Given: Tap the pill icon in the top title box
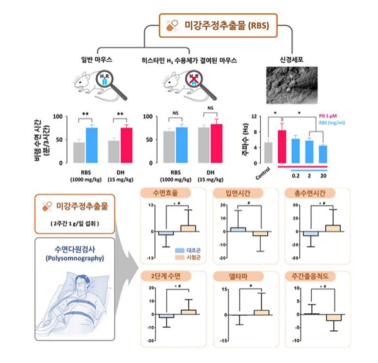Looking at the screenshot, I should (170, 26).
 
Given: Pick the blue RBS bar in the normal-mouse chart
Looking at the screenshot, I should (92, 145).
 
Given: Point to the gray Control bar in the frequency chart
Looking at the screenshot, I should (268, 152).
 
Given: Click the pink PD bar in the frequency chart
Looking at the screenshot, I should (282, 146).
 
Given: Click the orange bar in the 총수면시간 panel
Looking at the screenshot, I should (333, 228).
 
